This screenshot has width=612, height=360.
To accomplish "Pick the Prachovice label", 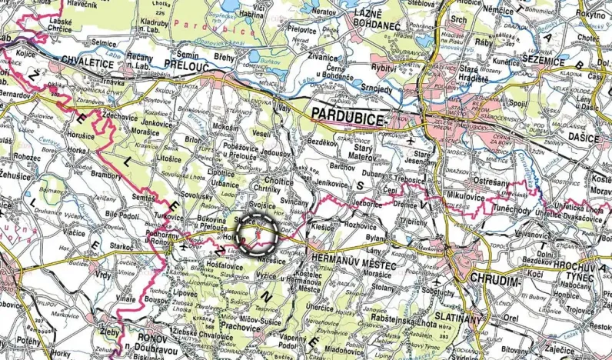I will [244, 328].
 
